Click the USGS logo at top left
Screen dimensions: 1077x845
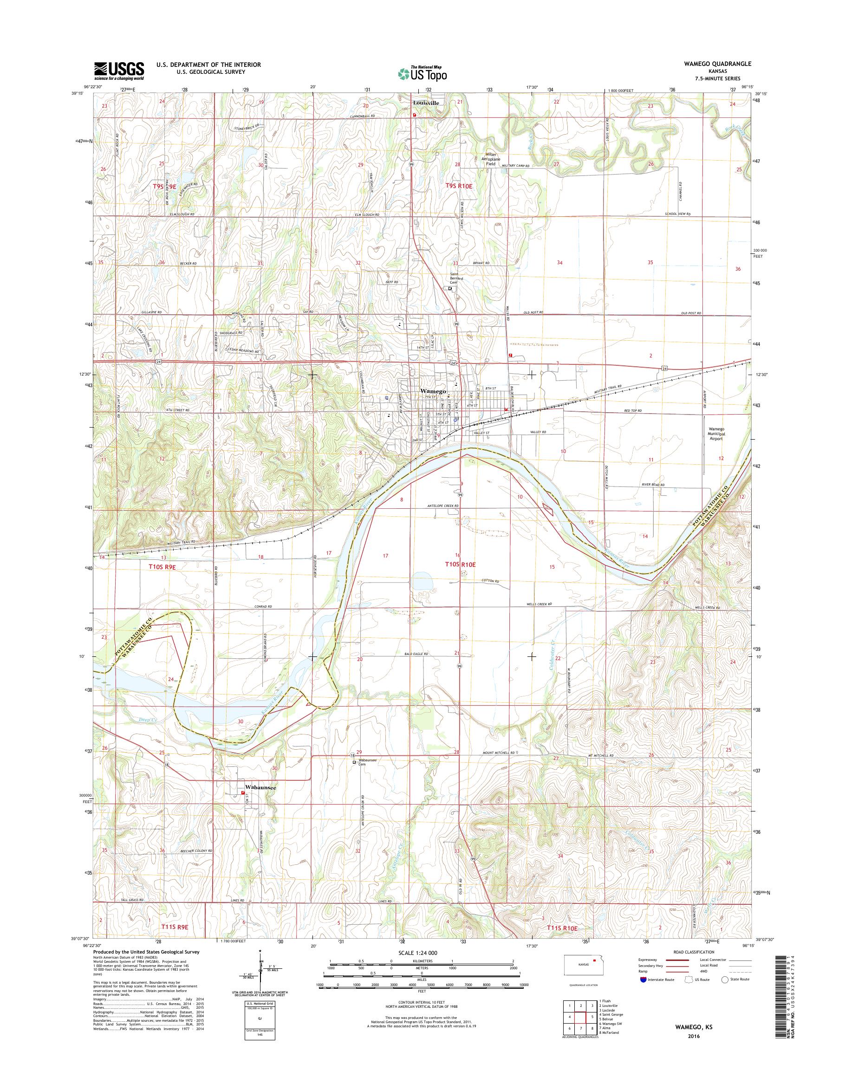(119, 71)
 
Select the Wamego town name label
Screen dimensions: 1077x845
(434, 391)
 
